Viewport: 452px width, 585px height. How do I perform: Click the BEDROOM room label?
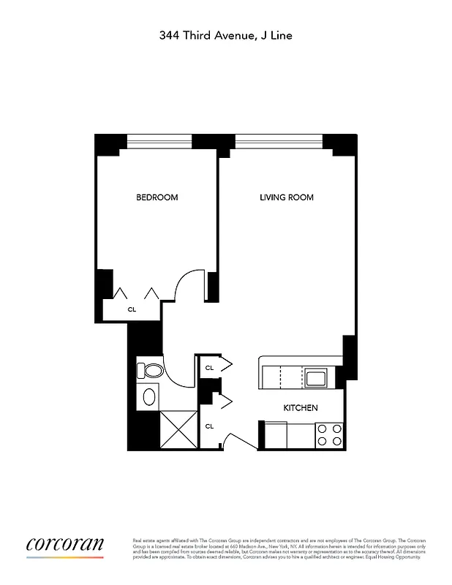coord(157,197)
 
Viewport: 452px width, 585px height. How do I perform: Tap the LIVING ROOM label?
coord(287,197)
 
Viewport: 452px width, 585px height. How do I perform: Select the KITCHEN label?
coord(301,407)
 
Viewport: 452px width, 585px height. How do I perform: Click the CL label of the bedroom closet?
coord(132,309)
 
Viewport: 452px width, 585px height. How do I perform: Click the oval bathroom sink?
coord(149,398)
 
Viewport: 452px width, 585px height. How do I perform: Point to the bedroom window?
coord(159,139)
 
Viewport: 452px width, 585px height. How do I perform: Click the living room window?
coord(278,139)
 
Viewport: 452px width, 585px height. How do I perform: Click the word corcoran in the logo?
coord(65,544)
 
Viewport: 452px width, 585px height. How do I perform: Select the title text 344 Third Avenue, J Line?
coord(226,34)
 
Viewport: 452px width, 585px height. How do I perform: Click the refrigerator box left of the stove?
coord(300,435)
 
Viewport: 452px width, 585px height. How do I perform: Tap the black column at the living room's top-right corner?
coord(340,144)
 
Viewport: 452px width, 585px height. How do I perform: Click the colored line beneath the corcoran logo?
coord(65,558)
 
